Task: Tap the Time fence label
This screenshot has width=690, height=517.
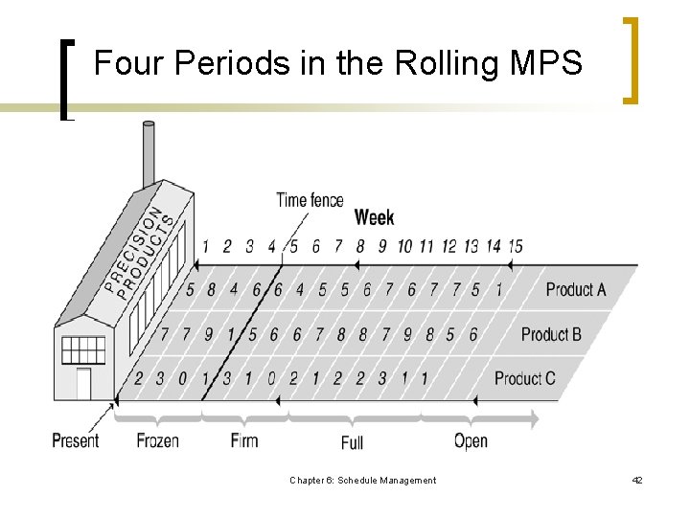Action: pos(310,200)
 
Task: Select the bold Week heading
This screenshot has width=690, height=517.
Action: pos(374,218)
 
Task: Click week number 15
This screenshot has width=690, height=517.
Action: pos(515,246)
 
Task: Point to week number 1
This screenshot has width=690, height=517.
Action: pos(204,246)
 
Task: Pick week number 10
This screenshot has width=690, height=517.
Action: pos(404,246)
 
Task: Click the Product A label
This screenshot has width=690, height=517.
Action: pos(576,289)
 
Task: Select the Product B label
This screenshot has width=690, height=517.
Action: pos(551,334)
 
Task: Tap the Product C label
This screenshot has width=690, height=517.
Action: pos(524,378)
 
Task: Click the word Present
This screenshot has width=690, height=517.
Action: pos(76,440)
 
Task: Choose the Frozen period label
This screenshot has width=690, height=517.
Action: pos(158,440)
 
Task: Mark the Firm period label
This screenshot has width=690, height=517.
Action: pos(244,440)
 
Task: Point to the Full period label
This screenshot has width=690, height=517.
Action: pos(352,442)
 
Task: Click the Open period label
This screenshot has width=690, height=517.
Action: pos(471,440)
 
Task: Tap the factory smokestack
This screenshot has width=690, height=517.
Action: pos(149,153)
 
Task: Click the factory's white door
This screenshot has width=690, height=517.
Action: pos(83,384)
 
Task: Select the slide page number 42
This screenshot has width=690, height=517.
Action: pos(637,481)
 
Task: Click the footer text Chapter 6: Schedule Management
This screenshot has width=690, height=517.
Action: pos(362,481)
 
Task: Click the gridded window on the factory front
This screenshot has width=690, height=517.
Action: pos(83,349)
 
